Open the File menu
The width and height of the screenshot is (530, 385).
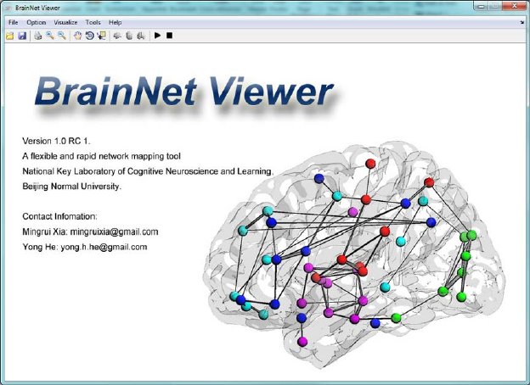(x=13, y=22)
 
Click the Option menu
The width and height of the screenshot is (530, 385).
(x=36, y=22)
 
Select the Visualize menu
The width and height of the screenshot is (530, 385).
(x=65, y=22)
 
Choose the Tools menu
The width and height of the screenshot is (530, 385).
(x=93, y=22)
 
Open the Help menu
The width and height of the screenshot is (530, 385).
(x=116, y=22)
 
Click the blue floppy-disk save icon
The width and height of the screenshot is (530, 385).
(x=21, y=36)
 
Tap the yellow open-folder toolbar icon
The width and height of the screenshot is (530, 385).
(x=10, y=36)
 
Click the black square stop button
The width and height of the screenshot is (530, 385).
(x=170, y=36)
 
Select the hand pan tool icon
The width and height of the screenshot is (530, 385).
(x=78, y=36)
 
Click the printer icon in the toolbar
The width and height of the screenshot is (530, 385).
(x=38, y=36)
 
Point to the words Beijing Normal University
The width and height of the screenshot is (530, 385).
(x=72, y=186)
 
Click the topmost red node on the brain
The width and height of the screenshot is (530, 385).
(x=370, y=163)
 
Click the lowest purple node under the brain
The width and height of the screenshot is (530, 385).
(x=302, y=341)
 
